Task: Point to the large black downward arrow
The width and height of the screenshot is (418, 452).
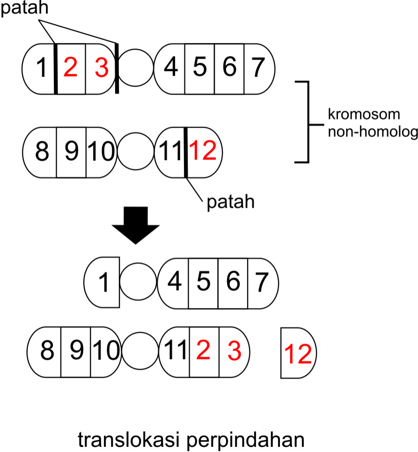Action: (x=136, y=227)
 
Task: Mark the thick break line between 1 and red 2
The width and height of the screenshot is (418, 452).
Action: (x=56, y=68)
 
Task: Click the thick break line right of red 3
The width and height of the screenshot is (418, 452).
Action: (x=116, y=68)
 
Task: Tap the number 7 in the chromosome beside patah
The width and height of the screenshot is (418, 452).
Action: (x=259, y=68)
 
